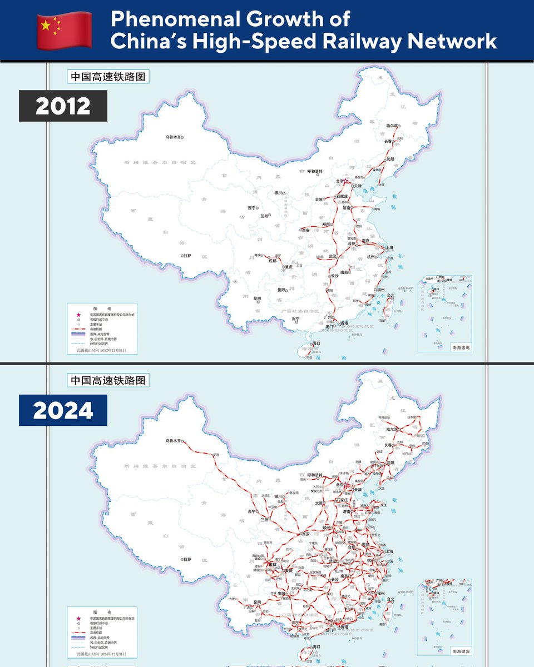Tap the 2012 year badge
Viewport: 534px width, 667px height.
click(x=63, y=106)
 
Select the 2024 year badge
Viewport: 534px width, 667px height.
click(x=63, y=411)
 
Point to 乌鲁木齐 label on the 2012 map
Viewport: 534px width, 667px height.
click(x=172, y=137)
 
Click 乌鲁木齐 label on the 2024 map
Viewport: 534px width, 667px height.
click(x=174, y=440)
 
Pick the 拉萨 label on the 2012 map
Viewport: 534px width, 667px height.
click(x=186, y=255)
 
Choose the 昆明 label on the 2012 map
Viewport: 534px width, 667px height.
click(x=257, y=298)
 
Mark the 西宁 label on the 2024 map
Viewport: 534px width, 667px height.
click(x=251, y=511)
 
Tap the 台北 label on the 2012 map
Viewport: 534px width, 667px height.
click(x=390, y=295)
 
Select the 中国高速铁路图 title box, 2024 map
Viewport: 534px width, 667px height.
click(x=108, y=381)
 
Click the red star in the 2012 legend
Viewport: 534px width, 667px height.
click(x=78, y=315)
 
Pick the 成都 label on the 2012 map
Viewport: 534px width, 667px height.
click(x=271, y=260)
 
